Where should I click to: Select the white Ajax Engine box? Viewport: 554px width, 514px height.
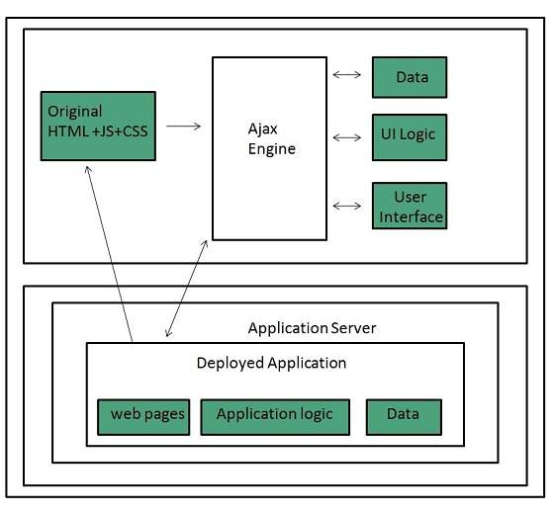click(269, 148)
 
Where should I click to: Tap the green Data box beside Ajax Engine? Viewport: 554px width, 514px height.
click(409, 77)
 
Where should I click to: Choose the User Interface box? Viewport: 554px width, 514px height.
click(409, 206)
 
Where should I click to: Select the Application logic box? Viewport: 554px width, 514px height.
click(274, 416)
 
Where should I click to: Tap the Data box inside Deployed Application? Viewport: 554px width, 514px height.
click(403, 416)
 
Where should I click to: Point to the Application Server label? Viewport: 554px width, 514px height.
click(311, 327)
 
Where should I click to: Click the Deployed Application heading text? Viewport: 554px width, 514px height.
click(272, 363)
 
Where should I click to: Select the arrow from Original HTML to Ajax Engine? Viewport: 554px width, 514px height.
click(184, 126)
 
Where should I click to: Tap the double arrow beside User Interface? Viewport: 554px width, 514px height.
click(348, 206)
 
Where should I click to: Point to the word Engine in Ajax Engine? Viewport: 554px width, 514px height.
click(272, 149)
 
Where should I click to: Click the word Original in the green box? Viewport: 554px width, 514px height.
click(74, 111)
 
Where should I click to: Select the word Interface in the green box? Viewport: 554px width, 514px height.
click(410, 216)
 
